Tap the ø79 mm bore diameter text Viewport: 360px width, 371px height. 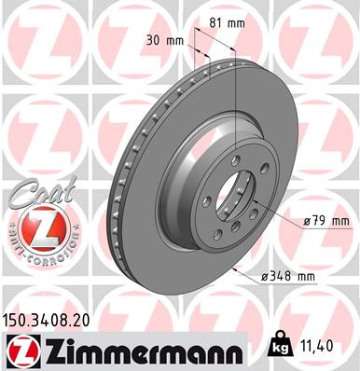coord(325,221)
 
